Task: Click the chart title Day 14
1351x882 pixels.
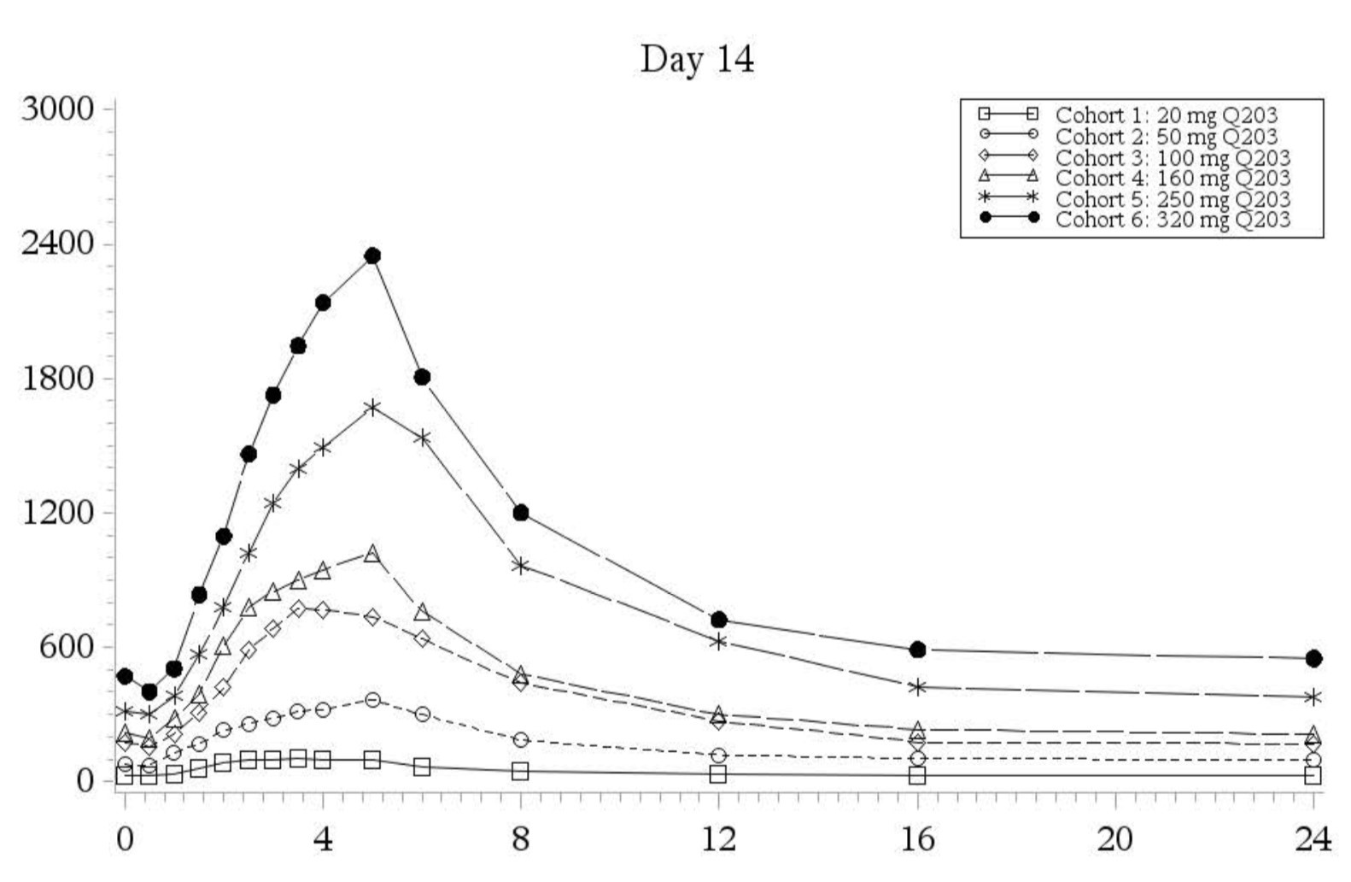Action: point(697,60)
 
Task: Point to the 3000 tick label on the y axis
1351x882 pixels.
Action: point(57,109)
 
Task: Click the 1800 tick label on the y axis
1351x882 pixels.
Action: point(57,379)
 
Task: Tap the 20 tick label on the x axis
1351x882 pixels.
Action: point(1114,840)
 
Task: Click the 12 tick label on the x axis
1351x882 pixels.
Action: point(718,840)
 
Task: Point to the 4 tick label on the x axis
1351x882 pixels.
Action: point(323,840)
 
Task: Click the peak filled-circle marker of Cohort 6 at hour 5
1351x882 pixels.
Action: point(372,256)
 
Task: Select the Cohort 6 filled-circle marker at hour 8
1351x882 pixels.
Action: point(521,513)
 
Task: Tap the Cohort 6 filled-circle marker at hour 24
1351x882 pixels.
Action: point(1313,658)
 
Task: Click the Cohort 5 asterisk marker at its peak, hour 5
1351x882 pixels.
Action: point(372,407)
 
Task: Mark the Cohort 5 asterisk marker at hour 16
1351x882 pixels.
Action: point(918,686)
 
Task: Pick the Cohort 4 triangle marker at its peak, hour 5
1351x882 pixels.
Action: point(372,554)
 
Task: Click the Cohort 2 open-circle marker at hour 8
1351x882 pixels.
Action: point(521,739)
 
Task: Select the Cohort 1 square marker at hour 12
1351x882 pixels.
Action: point(718,774)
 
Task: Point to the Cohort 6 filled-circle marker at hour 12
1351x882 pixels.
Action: point(718,620)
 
